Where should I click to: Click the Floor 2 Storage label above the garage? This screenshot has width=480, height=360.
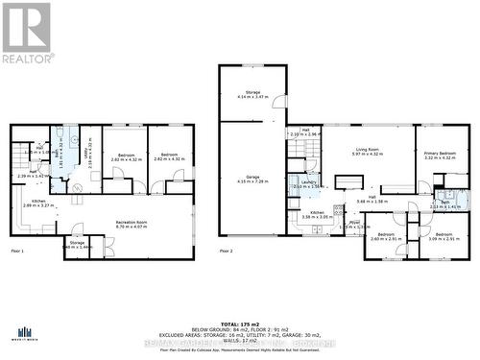[x=246, y=95]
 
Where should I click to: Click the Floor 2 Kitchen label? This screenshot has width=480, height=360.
[x=317, y=215]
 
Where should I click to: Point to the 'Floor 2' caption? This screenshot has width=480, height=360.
[x=227, y=251]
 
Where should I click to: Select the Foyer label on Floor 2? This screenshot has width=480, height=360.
[x=354, y=225]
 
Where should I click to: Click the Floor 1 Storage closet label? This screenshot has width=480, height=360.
[x=77, y=245]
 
